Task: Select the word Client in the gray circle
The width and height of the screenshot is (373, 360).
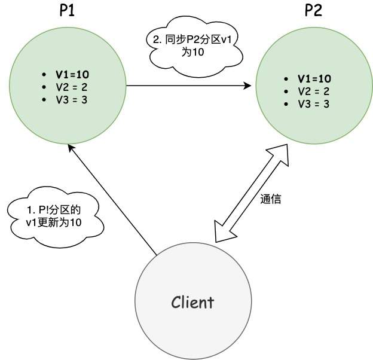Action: coord(192,302)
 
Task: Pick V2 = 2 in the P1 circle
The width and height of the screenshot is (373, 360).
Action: coord(72,87)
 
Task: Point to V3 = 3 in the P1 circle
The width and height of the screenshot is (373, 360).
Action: coord(72,99)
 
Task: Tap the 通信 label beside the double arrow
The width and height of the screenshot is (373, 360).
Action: coord(271,200)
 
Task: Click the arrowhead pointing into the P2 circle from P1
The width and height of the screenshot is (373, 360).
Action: coord(247,86)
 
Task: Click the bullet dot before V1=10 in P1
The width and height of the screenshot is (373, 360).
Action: coord(44,75)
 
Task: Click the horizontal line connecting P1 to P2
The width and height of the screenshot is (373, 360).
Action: coord(185,86)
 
